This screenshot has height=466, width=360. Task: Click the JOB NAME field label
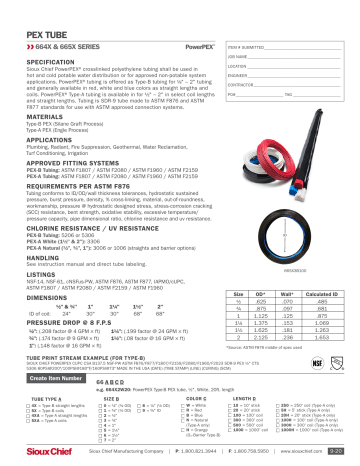tap(240, 58)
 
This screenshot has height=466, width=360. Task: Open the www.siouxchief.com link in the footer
tap(305, 451)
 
